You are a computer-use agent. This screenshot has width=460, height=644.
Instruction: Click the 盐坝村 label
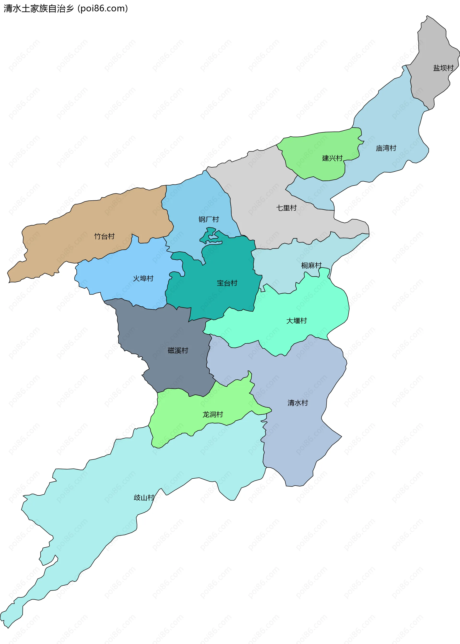pos(443,68)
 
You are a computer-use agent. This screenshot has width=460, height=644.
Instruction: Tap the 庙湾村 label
pos(386,148)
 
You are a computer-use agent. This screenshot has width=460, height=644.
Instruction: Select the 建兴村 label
pos(332,158)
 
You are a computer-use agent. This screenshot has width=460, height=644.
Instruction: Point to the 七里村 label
pos(286,208)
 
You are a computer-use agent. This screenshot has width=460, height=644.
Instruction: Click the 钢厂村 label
pos(208,219)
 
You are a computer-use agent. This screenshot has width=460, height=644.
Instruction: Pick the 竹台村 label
pos(104,236)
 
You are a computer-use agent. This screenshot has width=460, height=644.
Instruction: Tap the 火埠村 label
pos(143,278)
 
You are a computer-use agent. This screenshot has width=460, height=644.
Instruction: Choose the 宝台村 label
pos(227,283)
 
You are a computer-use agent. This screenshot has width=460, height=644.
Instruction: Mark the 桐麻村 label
pos(311,266)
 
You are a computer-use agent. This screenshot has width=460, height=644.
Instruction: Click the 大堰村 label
pos(297,321)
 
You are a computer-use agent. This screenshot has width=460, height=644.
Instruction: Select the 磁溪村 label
pos(178,350)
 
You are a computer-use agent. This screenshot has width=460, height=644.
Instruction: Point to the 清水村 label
pos(298,403)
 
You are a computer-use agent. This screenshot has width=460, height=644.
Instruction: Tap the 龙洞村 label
pos(213,414)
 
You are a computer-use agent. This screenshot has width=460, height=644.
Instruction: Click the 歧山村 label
pos(144,498)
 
